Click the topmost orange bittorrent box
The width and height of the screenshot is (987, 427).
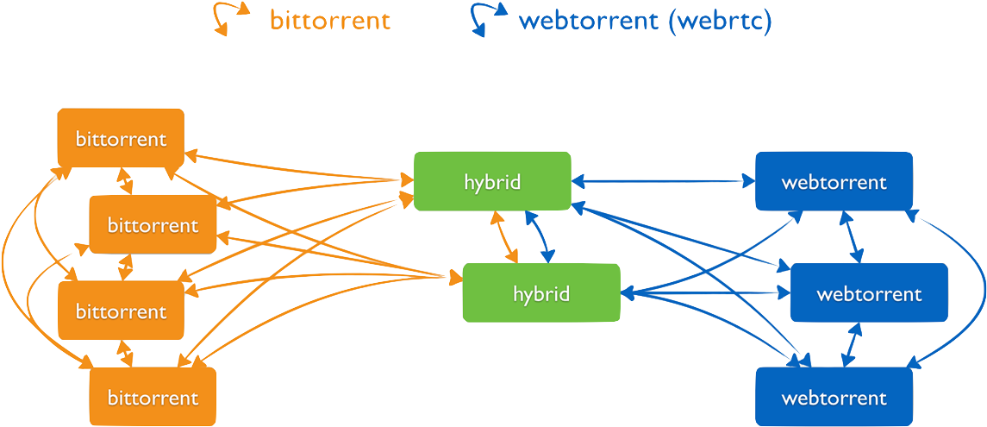(120, 138)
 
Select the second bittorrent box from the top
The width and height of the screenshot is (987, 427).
(153, 224)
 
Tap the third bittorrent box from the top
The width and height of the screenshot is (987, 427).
(120, 311)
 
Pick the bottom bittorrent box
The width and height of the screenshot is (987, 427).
(153, 397)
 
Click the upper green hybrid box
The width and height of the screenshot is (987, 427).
(491, 181)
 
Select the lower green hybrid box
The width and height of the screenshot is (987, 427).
(540, 293)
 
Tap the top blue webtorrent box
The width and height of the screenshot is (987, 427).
(834, 181)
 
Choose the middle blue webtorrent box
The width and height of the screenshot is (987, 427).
(869, 293)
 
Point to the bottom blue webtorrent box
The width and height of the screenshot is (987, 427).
(834, 397)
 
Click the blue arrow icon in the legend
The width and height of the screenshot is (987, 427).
(488, 18)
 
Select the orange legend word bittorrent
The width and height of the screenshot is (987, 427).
(330, 20)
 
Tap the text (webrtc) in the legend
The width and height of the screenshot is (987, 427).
(720, 20)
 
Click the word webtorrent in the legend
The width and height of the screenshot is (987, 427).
(589, 20)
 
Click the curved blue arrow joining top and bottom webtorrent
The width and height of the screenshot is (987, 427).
(972, 289)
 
